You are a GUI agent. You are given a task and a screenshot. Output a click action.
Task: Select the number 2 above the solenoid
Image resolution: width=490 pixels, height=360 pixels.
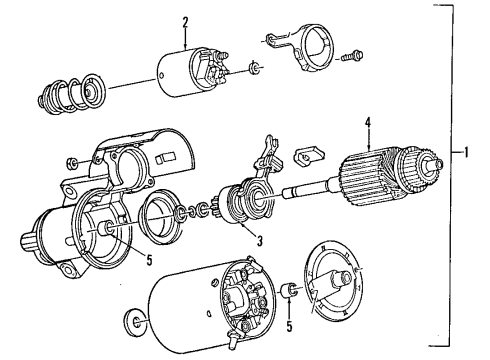click(x=185, y=24)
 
